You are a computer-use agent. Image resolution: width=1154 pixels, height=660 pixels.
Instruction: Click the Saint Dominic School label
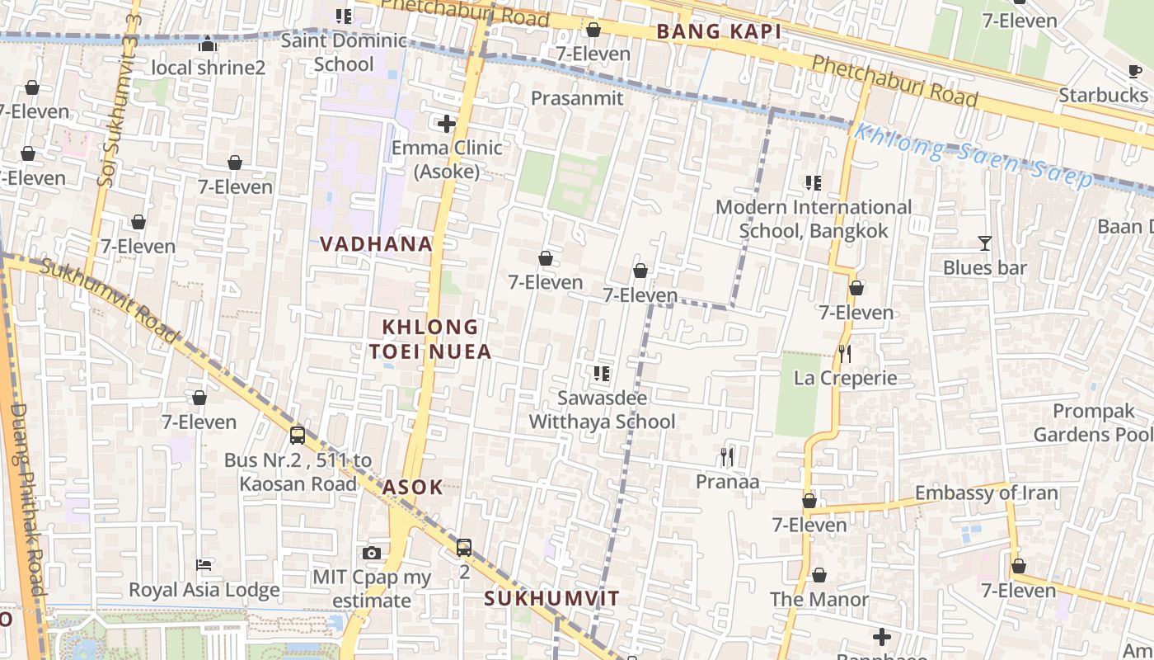coord(344,52)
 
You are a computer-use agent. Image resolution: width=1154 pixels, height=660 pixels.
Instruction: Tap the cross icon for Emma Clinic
coord(447,125)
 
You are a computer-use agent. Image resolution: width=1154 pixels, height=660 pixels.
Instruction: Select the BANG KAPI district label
coord(719,32)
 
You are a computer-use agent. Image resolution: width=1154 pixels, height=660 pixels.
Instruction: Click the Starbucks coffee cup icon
coord(1135,72)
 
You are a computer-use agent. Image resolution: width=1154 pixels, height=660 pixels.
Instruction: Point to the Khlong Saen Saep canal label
coord(973,156)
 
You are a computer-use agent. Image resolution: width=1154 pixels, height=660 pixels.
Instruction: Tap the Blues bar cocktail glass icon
coord(984,243)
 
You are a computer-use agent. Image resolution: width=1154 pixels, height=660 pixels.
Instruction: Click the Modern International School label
coord(813,219)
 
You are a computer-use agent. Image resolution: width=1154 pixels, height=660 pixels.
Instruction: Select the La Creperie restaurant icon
coord(845,354)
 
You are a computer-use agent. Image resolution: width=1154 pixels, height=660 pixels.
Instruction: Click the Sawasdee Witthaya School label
coord(602,409)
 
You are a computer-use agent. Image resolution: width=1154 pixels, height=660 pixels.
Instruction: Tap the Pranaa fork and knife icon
coord(726,456)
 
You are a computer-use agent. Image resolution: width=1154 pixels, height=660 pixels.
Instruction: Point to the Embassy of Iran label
coord(986,493)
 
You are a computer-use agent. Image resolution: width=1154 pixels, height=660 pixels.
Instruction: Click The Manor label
coord(819,600)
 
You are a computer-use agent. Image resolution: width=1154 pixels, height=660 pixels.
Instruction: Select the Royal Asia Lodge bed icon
coord(204,565)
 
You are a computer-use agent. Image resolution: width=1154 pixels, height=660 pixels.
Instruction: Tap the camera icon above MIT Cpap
coord(372,553)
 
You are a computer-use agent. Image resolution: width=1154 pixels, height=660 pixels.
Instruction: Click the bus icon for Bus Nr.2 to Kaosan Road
coord(298,435)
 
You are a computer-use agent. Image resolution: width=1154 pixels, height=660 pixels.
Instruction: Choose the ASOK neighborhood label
coord(412,487)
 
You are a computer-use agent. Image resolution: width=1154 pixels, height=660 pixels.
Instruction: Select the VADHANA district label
coord(376,244)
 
